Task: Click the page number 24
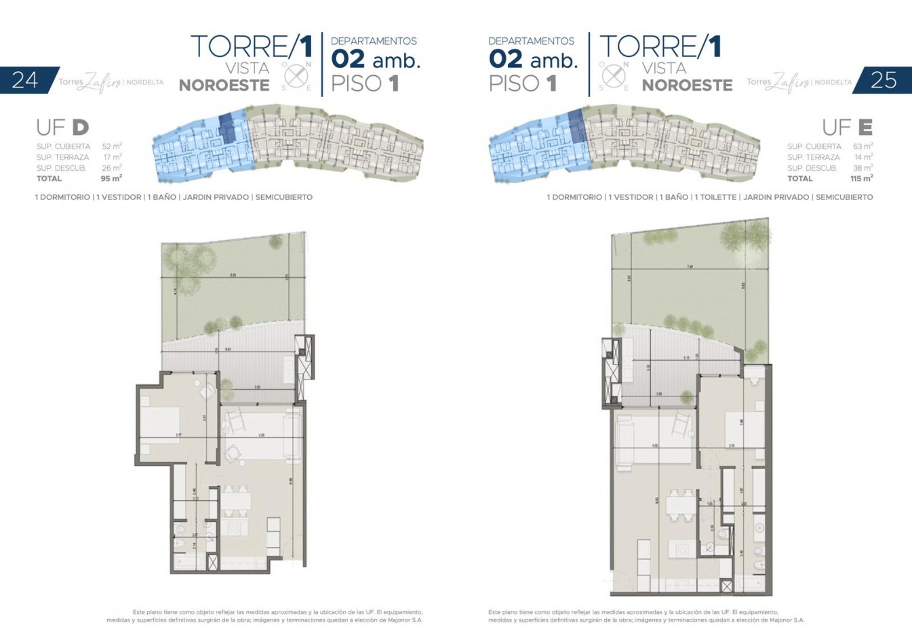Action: [x=25, y=80]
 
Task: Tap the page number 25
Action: [x=884, y=80]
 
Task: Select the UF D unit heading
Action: [x=62, y=127]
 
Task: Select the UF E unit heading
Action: [x=847, y=127]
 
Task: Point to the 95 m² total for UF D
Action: [x=111, y=179]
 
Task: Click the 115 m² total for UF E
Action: [x=861, y=179]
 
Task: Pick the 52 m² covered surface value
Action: [x=112, y=146]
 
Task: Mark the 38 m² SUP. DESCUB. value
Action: [x=863, y=168]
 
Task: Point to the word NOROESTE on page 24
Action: [x=224, y=85]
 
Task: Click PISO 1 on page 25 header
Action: [x=522, y=84]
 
